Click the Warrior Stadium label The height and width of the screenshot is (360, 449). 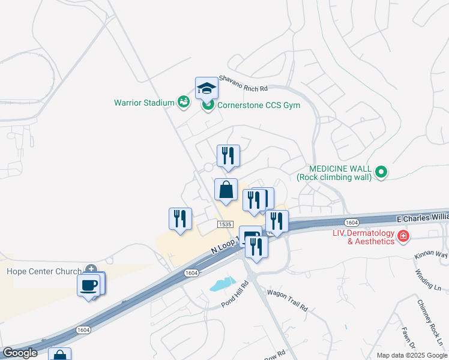pos(144,103)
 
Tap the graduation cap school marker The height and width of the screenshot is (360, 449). pos(206,89)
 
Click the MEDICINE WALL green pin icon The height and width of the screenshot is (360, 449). pos(380,173)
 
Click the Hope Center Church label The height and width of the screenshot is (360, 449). pos(44,271)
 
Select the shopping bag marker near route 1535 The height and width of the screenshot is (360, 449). pos(226,190)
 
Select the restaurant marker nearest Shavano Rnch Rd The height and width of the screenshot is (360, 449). pos(228,157)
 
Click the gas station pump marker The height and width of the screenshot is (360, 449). pos(249,235)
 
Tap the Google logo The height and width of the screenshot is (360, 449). pos(20,353)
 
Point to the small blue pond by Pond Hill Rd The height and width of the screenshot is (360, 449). pos(221,283)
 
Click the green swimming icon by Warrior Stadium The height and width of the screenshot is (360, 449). pos(184,103)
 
